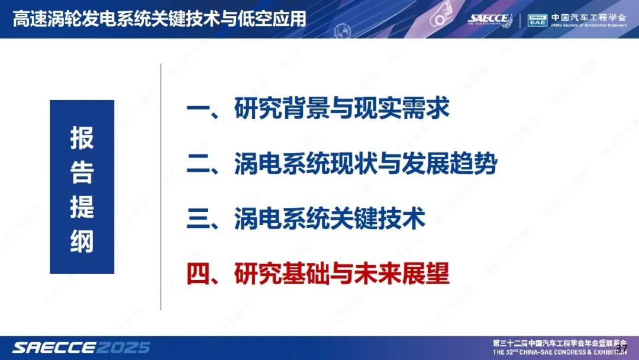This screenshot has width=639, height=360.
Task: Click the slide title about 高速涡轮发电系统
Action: [160, 18]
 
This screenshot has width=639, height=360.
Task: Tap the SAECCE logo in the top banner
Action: [489, 19]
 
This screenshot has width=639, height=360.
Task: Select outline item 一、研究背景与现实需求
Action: [318, 109]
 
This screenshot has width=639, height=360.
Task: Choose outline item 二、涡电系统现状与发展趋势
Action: [341, 164]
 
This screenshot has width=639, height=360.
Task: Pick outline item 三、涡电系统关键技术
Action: [306, 218]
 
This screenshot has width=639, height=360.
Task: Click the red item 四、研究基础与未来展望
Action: [318, 274]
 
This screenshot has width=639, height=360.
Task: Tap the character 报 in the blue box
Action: [82, 139]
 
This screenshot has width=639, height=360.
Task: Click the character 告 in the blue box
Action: [82, 172]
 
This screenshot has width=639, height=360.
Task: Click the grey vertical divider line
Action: [161, 187]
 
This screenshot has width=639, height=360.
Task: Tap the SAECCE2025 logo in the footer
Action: [82, 347]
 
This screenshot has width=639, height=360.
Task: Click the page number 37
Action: [621, 348]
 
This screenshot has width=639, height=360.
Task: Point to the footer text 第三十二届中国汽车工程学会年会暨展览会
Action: [559, 343]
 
